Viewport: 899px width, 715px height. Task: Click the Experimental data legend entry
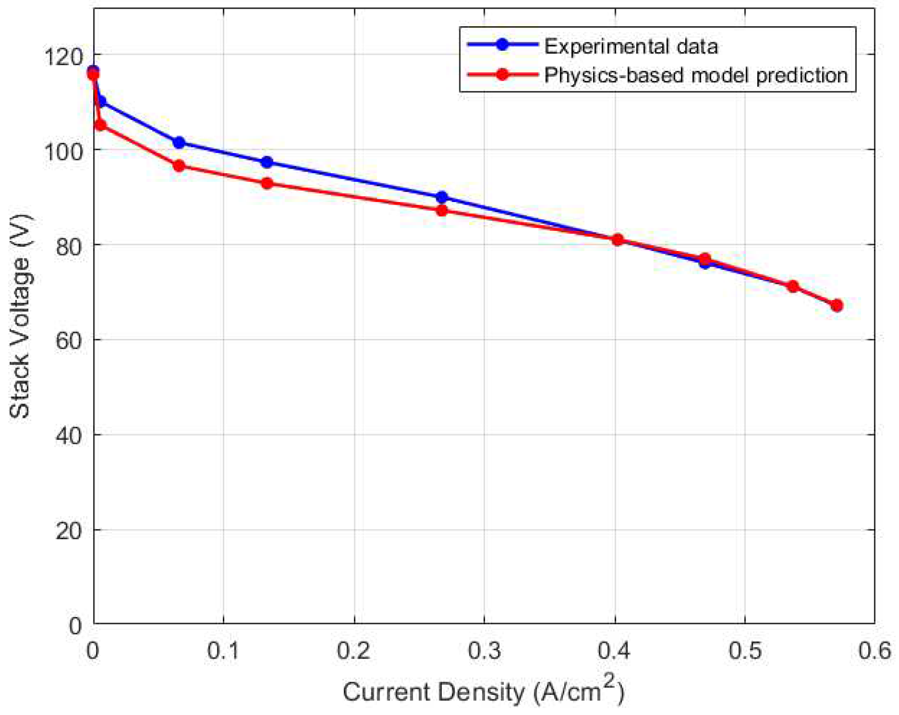630,46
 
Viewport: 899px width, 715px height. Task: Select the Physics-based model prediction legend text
695,75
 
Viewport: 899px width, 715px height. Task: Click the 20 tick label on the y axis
69,531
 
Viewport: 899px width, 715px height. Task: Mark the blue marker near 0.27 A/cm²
442,197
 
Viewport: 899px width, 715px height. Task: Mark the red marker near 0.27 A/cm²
442,211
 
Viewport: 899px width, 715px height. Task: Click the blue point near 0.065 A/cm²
179,143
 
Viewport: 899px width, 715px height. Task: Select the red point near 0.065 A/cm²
179,166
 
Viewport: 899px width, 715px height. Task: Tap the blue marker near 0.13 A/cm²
267,162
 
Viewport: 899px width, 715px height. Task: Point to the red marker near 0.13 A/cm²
267,183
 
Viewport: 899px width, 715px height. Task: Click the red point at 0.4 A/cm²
617,240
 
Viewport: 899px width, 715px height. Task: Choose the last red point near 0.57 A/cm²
836,305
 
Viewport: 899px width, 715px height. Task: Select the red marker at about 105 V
101,126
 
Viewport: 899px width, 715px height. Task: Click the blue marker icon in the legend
503,45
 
